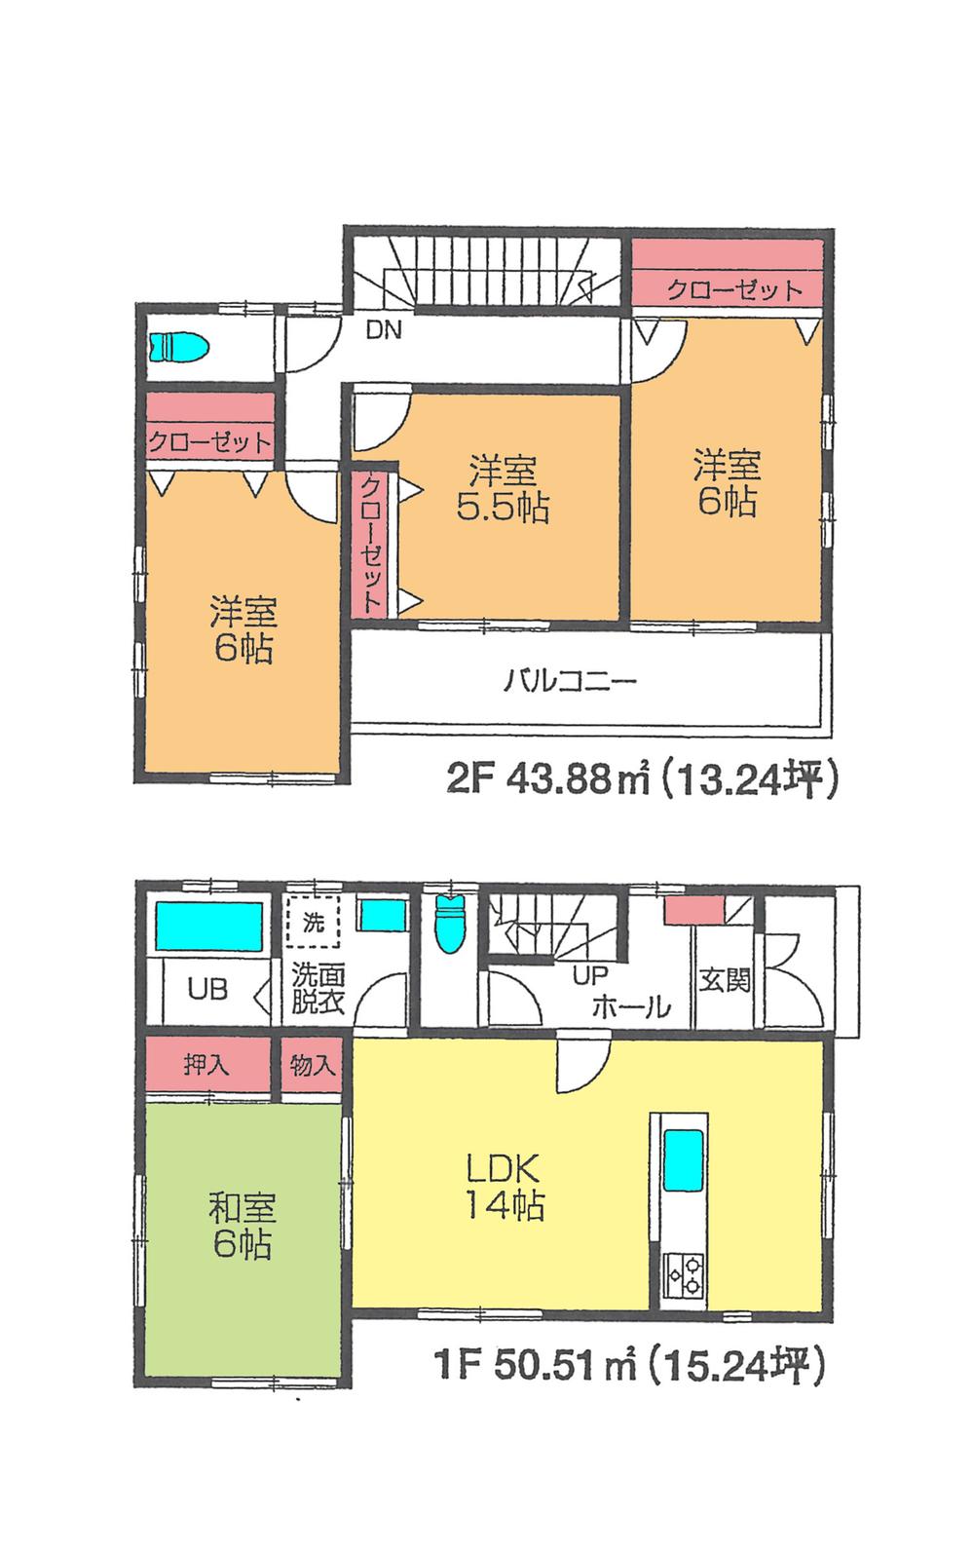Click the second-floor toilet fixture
tap(179, 347)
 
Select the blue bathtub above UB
tap(209, 926)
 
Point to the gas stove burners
tap(682, 1275)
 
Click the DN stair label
tap(384, 330)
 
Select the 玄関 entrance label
tap(725, 979)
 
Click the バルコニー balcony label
tap(570, 679)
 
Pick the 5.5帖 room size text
tap(503, 508)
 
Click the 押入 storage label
tap(206, 1065)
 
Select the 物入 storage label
tap(313, 1065)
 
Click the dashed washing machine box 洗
tap(313, 922)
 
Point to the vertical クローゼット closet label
tap(371, 543)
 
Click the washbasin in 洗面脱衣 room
tap(382, 918)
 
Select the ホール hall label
tap(631, 1005)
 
